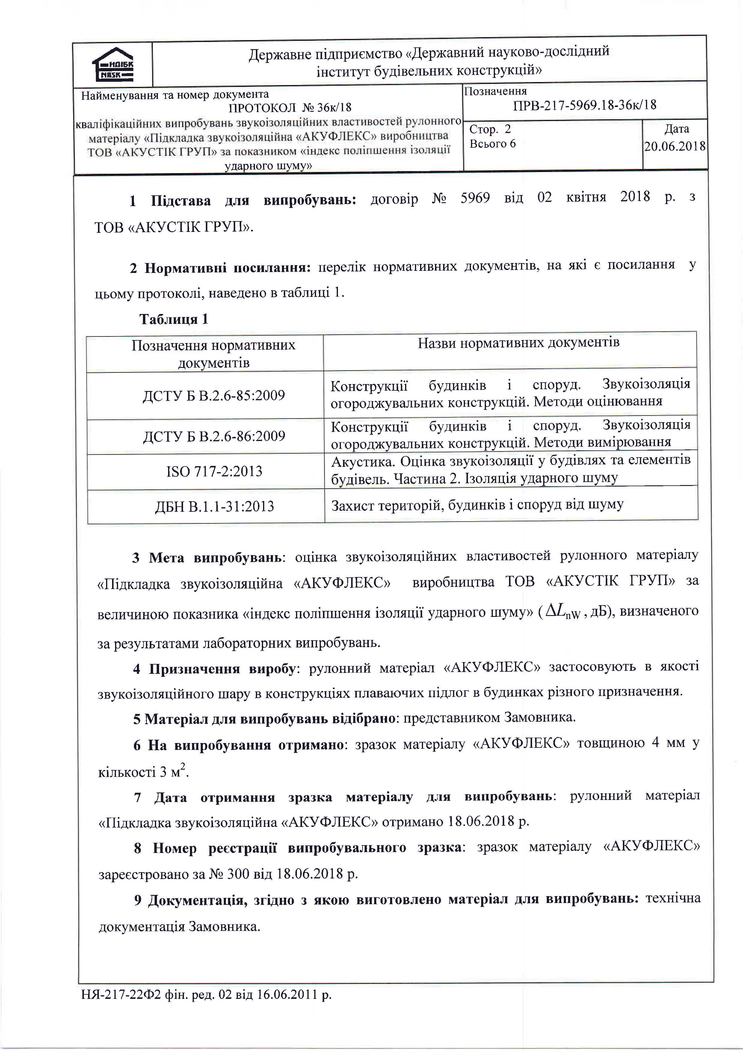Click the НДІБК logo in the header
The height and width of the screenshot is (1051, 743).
click(x=113, y=64)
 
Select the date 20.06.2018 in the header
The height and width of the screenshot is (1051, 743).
click(x=675, y=147)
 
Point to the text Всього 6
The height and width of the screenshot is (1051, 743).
click(x=493, y=144)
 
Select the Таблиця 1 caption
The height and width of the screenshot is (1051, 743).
click(x=174, y=319)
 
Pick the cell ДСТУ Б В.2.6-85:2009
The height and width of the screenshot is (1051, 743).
click(x=214, y=395)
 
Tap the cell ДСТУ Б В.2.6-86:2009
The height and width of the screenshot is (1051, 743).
click(x=214, y=436)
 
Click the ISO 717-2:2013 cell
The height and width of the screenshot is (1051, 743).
click(x=214, y=472)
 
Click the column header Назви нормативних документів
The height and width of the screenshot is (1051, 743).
click(x=518, y=343)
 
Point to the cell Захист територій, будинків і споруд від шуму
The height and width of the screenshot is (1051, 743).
click(x=477, y=505)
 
